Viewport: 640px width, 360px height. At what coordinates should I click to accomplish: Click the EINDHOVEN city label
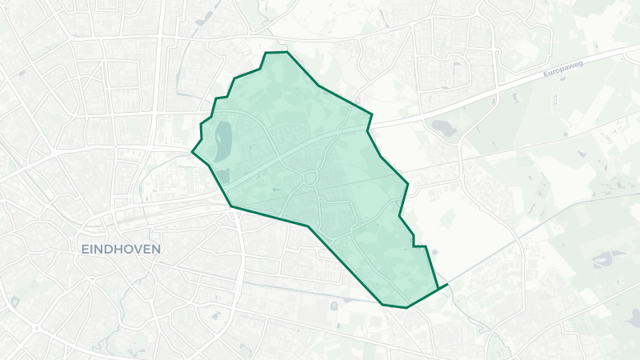coord(121,249)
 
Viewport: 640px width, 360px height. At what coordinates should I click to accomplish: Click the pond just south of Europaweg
coord(441,126)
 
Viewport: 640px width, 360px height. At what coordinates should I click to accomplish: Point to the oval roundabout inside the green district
coord(309,178)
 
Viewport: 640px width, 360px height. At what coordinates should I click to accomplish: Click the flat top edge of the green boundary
coord(275,53)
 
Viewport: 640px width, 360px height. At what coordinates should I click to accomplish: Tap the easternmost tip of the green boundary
coord(446,284)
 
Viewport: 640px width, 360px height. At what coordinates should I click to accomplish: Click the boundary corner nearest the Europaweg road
coord(373,114)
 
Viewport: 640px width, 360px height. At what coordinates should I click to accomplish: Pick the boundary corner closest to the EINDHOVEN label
coord(231,207)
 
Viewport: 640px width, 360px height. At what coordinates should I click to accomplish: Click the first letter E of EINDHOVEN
coord(85,249)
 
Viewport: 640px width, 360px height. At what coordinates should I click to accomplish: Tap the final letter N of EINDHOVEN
coord(156,249)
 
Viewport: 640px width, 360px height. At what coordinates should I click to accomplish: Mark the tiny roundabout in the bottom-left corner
coord(36,329)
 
